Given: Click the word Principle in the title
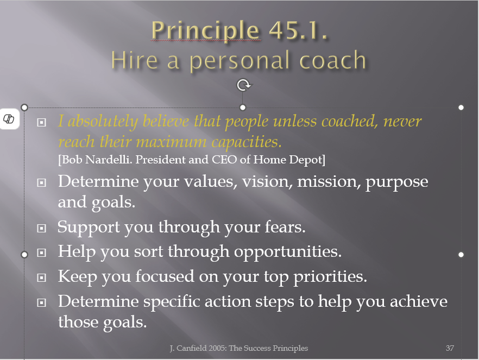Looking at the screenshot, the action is tap(206, 31).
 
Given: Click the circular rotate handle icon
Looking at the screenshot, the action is tap(243, 85).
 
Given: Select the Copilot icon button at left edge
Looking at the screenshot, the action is tap(9, 119).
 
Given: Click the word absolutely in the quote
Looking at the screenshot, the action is tap(103, 122).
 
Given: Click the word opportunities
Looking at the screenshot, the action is tap(288, 252).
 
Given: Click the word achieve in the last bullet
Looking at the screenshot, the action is tap(419, 301).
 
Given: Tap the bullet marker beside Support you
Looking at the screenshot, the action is tap(41, 228).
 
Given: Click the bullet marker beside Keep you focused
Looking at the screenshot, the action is tap(41, 277).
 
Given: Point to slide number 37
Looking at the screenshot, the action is tap(450, 348).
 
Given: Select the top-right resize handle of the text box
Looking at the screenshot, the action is tap(461, 108).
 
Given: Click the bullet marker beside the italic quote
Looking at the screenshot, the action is tap(41, 122).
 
